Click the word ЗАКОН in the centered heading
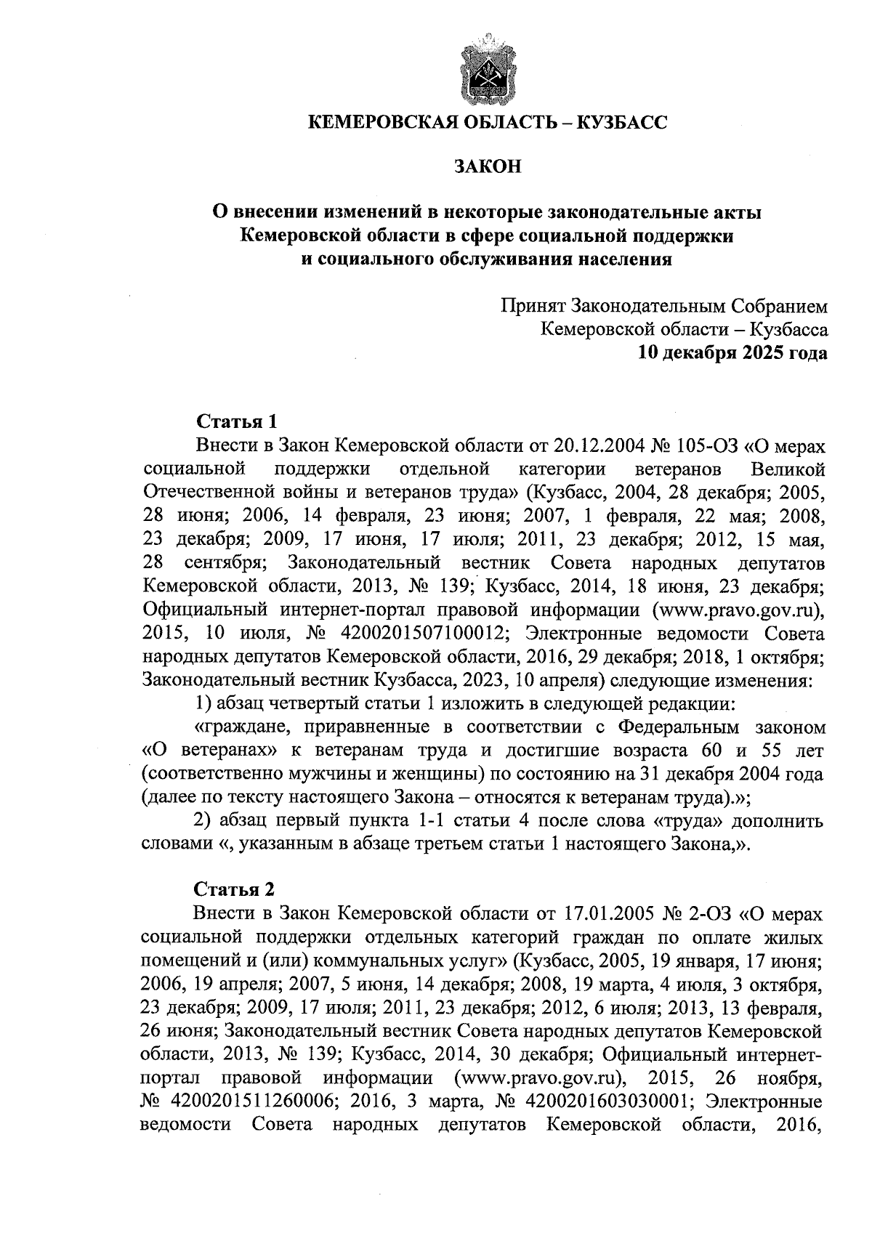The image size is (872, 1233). tap(488, 167)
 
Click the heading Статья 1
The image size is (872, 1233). tap(236, 421)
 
